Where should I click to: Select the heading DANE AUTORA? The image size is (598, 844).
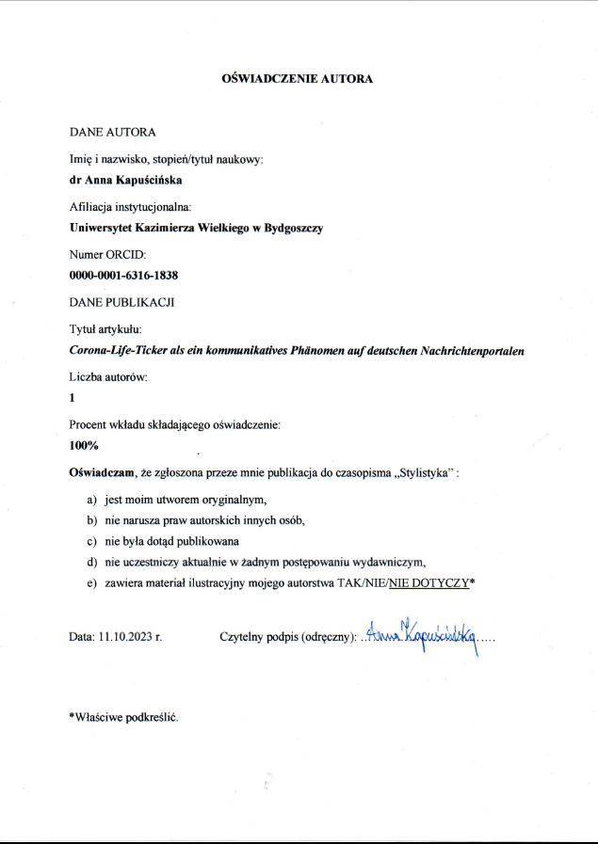click(112, 132)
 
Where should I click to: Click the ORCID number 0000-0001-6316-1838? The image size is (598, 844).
click(124, 276)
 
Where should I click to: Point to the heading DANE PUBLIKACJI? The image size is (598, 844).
click(121, 302)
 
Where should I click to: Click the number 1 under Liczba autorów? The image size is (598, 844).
click(73, 397)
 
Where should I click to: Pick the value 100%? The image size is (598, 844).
click(85, 445)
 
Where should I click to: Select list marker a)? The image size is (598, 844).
click(92, 500)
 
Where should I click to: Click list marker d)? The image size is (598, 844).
click(92, 562)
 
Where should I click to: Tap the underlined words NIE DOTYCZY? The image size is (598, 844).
click(428, 583)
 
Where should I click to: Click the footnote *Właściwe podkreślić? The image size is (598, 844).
click(122, 716)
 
